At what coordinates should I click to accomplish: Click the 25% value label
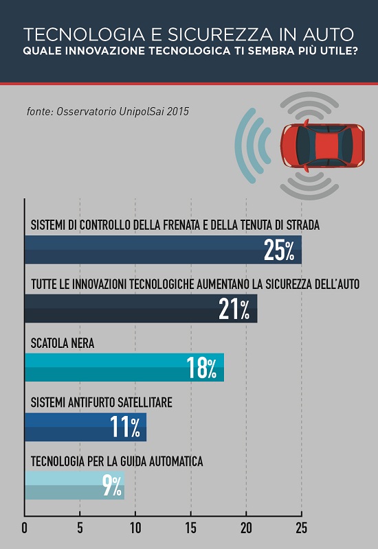279,250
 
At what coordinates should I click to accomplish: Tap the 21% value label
234,309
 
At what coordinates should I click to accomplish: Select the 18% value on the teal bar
201,368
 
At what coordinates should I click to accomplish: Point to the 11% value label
125,426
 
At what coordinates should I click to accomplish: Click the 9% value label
112,485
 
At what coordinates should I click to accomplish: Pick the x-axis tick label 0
24,528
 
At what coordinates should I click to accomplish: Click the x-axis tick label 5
80,528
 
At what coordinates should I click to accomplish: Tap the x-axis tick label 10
135,528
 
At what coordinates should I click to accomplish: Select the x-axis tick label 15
191,528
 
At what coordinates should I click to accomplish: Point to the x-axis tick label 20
246,528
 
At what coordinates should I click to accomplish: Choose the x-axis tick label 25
302,528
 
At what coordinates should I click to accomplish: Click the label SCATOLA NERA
63,343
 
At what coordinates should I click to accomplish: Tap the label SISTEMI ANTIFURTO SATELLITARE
101,402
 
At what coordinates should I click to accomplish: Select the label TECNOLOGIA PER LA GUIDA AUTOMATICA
117,461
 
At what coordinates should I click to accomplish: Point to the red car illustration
322,145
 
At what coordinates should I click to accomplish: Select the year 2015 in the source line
178,111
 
